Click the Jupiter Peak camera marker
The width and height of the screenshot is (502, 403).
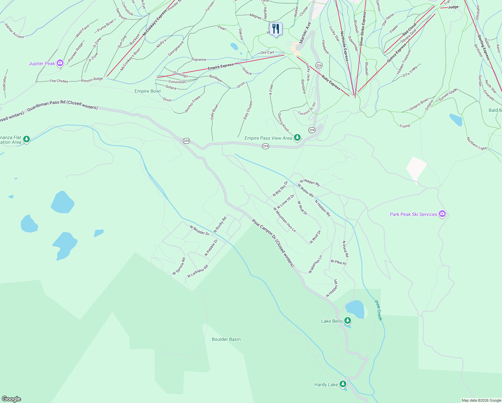coord(60,63)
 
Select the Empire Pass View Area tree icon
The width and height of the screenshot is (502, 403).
coord(297,137)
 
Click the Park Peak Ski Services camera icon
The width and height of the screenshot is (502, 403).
coord(442,214)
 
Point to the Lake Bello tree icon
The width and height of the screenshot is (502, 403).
coord(348,320)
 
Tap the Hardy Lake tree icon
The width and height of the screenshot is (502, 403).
coord(343,384)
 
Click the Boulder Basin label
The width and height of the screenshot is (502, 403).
coord(226,339)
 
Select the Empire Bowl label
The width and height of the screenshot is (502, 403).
coord(148,91)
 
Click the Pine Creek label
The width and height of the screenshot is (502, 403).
coord(378,310)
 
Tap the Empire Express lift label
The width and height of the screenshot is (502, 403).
coord(220,66)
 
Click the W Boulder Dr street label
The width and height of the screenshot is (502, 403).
coord(199,230)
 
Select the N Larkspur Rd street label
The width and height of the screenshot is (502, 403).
coord(198,271)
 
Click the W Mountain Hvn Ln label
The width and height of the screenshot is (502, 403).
coord(285,220)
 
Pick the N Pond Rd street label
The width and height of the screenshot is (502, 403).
coord(345,249)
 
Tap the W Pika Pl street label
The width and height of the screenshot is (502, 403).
coord(338,262)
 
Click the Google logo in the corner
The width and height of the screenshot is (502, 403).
coord(11,399)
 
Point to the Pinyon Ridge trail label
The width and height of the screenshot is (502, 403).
coord(92,80)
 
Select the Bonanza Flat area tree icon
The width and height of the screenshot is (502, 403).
coord(27,139)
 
